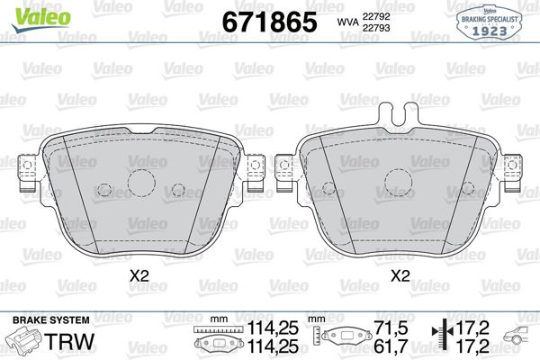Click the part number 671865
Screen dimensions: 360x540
[269, 22]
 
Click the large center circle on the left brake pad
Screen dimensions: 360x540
[142, 183]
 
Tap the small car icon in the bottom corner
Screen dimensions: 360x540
[517, 341]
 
